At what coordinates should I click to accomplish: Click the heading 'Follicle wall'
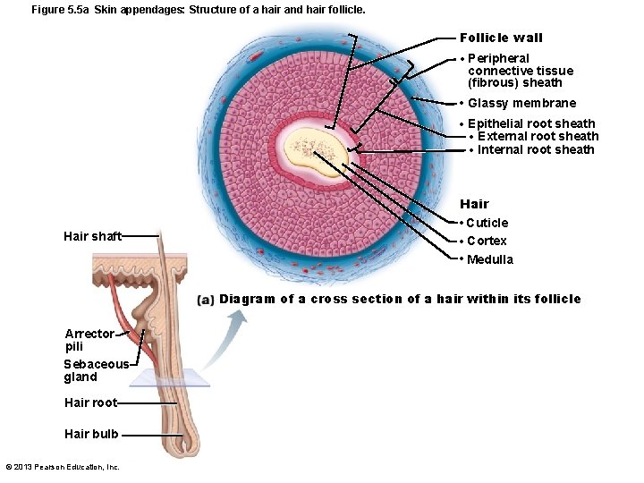tap(501, 38)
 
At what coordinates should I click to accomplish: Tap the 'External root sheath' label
tap(538, 137)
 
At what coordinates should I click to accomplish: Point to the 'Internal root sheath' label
tap(536, 150)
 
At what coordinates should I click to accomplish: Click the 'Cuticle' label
tap(487, 223)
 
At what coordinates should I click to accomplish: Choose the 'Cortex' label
tap(487, 241)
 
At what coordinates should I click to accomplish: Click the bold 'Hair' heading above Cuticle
tap(474, 204)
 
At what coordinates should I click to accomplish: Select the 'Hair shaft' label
tap(92, 236)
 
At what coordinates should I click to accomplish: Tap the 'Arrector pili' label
tap(89, 339)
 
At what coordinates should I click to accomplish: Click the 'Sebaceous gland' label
tap(96, 370)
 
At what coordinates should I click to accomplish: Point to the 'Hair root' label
tap(90, 402)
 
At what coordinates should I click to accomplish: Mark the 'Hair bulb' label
tap(91, 434)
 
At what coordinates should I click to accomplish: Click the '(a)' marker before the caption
tap(206, 300)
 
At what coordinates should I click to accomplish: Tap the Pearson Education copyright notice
tap(63, 467)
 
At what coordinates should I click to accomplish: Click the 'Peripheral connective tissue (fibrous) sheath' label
tap(520, 71)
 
